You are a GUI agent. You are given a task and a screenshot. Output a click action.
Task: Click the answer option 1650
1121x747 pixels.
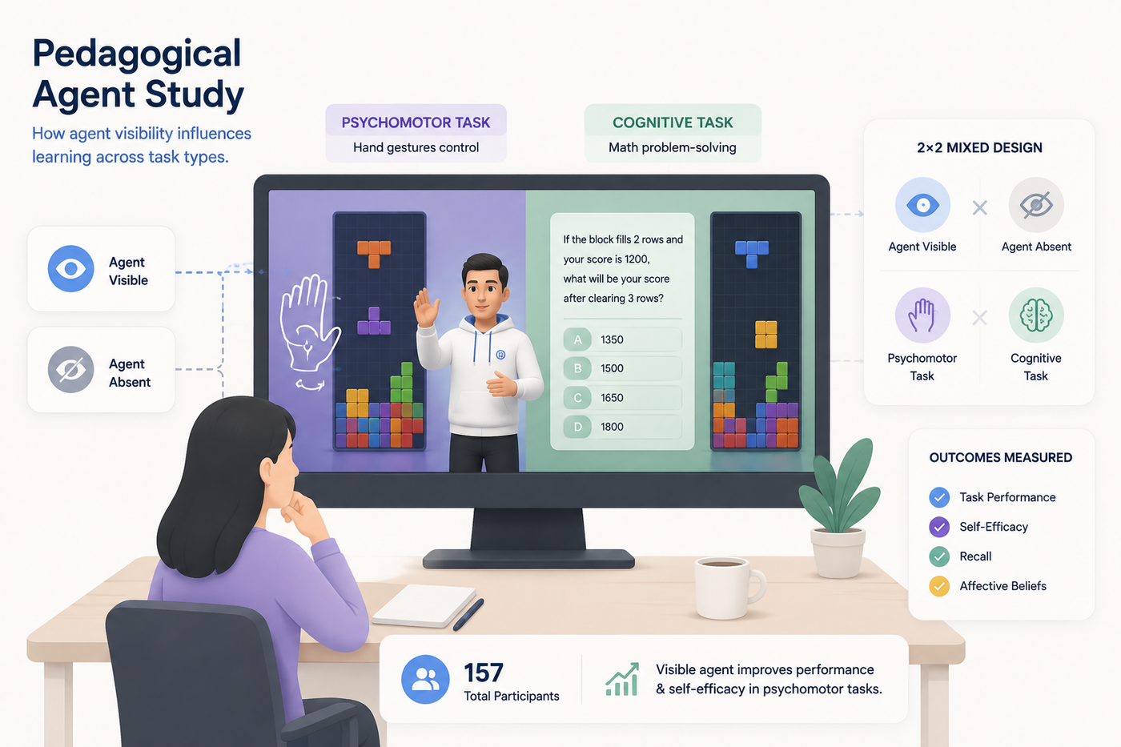coord(612,398)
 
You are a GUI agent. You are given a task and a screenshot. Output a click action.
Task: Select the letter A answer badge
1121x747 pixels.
coord(577,339)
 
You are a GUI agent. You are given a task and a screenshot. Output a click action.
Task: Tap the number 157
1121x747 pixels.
coord(483,673)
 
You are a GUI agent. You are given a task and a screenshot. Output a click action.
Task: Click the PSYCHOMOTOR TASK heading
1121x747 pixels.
coord(416,122)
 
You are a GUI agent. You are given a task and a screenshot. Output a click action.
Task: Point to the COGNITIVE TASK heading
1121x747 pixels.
coord(673,122)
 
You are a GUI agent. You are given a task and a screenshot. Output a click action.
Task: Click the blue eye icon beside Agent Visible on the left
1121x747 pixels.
coord(70,269)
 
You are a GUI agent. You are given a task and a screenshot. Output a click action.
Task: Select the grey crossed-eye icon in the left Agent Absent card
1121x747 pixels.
coord(70,370)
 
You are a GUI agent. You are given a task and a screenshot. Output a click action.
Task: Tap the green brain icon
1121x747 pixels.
coord(1036,315)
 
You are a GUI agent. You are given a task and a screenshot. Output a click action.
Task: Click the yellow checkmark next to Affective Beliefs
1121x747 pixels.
coord(939,586)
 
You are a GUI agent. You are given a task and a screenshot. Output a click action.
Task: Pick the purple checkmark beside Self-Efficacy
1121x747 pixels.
coord(939,527)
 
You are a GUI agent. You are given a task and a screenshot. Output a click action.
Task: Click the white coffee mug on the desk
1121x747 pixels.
coord(728,588)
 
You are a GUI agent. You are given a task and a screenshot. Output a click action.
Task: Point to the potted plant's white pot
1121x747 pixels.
coord(838,553)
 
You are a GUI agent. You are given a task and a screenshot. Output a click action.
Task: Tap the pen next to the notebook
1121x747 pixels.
coord(468,614)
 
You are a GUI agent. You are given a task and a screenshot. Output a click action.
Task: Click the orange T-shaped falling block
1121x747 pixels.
coord(374,253)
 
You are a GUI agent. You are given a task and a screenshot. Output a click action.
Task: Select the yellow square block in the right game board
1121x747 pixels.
coord(765,334)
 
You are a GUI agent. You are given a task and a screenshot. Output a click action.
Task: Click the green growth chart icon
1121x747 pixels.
coord(622,679)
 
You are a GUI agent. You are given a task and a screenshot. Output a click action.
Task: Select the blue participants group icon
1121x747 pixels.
coord(425,679)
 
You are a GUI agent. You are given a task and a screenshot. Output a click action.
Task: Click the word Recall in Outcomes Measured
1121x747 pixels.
coord(975,556)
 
